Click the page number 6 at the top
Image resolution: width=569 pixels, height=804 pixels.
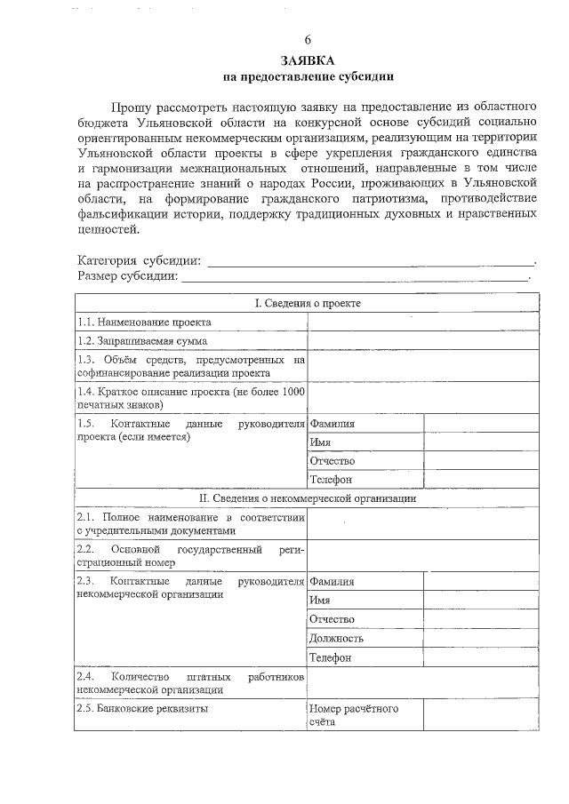coord(308,41)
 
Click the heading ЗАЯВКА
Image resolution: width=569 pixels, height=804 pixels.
coord(308,60)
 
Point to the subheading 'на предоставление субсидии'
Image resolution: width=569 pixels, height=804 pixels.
coord(308,77)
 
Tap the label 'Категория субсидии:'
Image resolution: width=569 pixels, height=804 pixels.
coord(140,260)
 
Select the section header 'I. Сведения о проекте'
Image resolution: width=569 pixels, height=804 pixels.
coord(308,303)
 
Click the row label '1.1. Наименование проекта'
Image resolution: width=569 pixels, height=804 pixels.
coord(144,322)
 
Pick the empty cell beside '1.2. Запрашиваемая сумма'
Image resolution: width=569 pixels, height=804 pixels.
coord(423,340)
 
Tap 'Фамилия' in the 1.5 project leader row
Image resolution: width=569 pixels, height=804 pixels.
coord(332,424)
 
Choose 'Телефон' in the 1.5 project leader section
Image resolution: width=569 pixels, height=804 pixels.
coord(330,480)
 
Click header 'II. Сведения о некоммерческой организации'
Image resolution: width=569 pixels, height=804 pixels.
coord(308,498)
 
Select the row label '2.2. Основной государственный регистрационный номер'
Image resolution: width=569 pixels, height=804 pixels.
coord(190,556)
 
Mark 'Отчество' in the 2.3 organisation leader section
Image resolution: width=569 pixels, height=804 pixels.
coord(332,619)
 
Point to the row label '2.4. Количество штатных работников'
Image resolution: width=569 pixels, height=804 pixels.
coord(190,682)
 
